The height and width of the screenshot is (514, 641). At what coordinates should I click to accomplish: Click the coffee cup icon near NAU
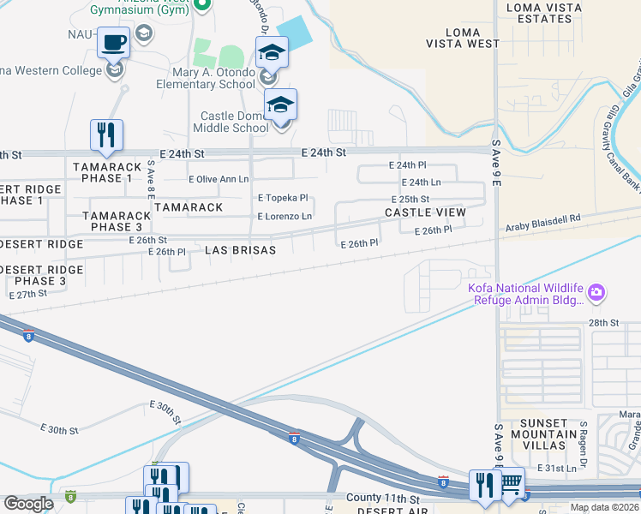[113, 41]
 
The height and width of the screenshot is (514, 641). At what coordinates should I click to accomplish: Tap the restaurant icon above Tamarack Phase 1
[106, 134]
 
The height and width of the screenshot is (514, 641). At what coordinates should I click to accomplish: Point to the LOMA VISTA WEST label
[463, 37]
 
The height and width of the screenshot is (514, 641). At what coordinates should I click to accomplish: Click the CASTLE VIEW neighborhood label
[425, 212]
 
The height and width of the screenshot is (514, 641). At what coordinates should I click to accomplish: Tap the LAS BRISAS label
[241, 250]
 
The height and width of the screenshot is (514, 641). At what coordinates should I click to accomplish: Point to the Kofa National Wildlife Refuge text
[524, 294]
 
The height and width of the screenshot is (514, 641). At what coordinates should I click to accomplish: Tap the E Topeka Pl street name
[283, 197]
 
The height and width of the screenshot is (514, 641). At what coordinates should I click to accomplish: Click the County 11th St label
[383, 498]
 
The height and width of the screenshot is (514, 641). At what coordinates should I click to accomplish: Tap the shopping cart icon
[512, 482]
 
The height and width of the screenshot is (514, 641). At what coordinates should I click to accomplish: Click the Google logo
[28, 504]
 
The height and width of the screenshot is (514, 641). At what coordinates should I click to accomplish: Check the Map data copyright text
[604, 507]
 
